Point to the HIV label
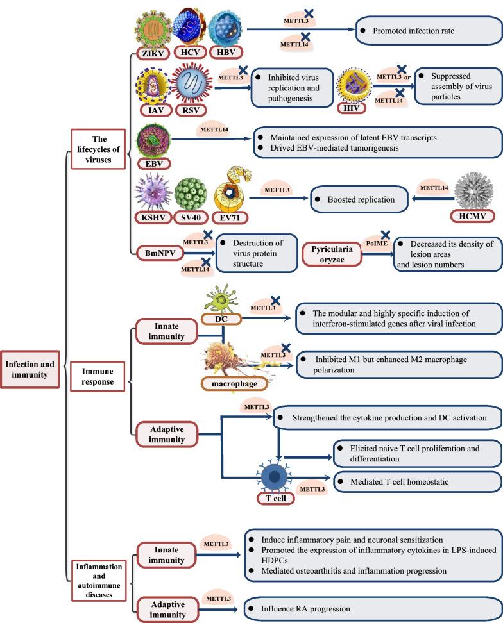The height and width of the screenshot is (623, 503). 352,107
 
